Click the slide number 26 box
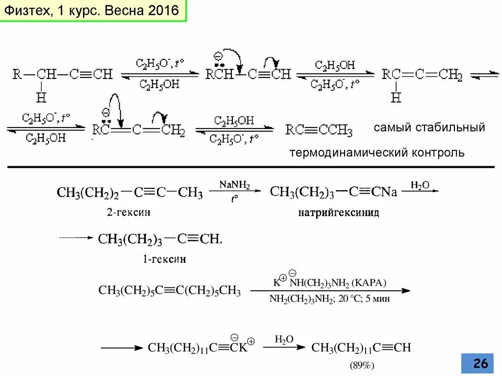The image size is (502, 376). [x=480, y=363]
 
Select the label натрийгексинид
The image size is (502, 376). [x=339, y=213]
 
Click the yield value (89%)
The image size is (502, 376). [x=362, y=366]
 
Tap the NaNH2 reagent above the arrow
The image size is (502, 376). [x=235, y=185]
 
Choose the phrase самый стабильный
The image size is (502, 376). [x=429, y=127]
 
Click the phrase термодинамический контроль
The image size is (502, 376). [x=377, y=153]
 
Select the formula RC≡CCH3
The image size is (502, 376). [x=319, y=130]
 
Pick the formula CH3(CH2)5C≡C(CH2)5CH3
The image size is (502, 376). [x=170, y=291]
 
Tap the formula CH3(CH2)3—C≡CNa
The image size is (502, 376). [x=333, y=192]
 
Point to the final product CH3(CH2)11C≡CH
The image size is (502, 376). [x=361, y=348]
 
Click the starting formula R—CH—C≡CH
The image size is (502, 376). [x=62, y=75]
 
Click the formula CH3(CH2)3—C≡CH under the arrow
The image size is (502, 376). [x=160, y=240]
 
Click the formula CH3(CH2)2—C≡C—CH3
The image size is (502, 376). [x=130, y=193]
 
